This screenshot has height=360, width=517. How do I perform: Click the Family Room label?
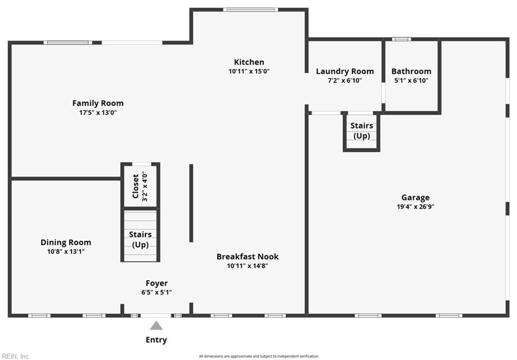point(98,103)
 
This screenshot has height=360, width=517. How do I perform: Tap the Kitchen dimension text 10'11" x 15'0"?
point(249,71)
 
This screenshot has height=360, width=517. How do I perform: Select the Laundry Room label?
point(345,71)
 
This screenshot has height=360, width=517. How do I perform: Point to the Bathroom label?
point(411,71)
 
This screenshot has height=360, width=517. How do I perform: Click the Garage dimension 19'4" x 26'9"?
point(416,207)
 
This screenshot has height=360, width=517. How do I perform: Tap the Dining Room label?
point(66,242)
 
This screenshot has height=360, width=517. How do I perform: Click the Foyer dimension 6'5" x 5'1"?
point(157,292)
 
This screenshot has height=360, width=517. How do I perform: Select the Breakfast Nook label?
point(247,256)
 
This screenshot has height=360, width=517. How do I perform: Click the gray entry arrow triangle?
point(157,326)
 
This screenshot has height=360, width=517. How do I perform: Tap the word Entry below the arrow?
point(157,340)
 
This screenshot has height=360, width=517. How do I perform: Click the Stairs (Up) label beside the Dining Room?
point(140,240)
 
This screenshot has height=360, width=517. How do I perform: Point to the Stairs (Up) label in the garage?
point(361,131)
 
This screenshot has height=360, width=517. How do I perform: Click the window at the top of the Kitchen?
point(250,10)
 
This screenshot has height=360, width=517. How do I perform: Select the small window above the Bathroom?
point(401,39)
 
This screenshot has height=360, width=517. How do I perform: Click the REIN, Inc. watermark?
point(15,356)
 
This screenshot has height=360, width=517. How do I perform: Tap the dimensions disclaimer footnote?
point(258,356)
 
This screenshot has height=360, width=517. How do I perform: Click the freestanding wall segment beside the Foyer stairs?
point(191,203)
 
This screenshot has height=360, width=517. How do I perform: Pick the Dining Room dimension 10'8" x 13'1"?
point(66,252)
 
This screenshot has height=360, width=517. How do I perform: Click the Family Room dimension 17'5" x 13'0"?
point(98,113)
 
